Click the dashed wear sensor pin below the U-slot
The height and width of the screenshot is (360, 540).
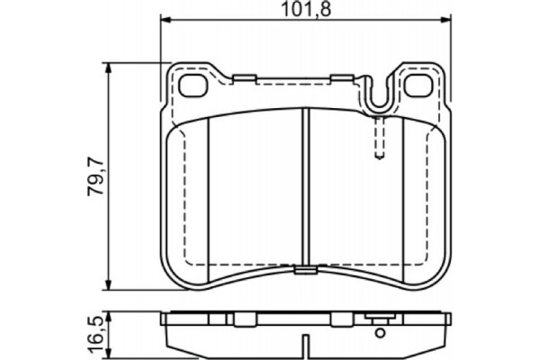[380, 137]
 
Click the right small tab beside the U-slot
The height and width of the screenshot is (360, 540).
[341, 78]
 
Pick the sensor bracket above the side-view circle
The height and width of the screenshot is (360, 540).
[380, 318]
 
